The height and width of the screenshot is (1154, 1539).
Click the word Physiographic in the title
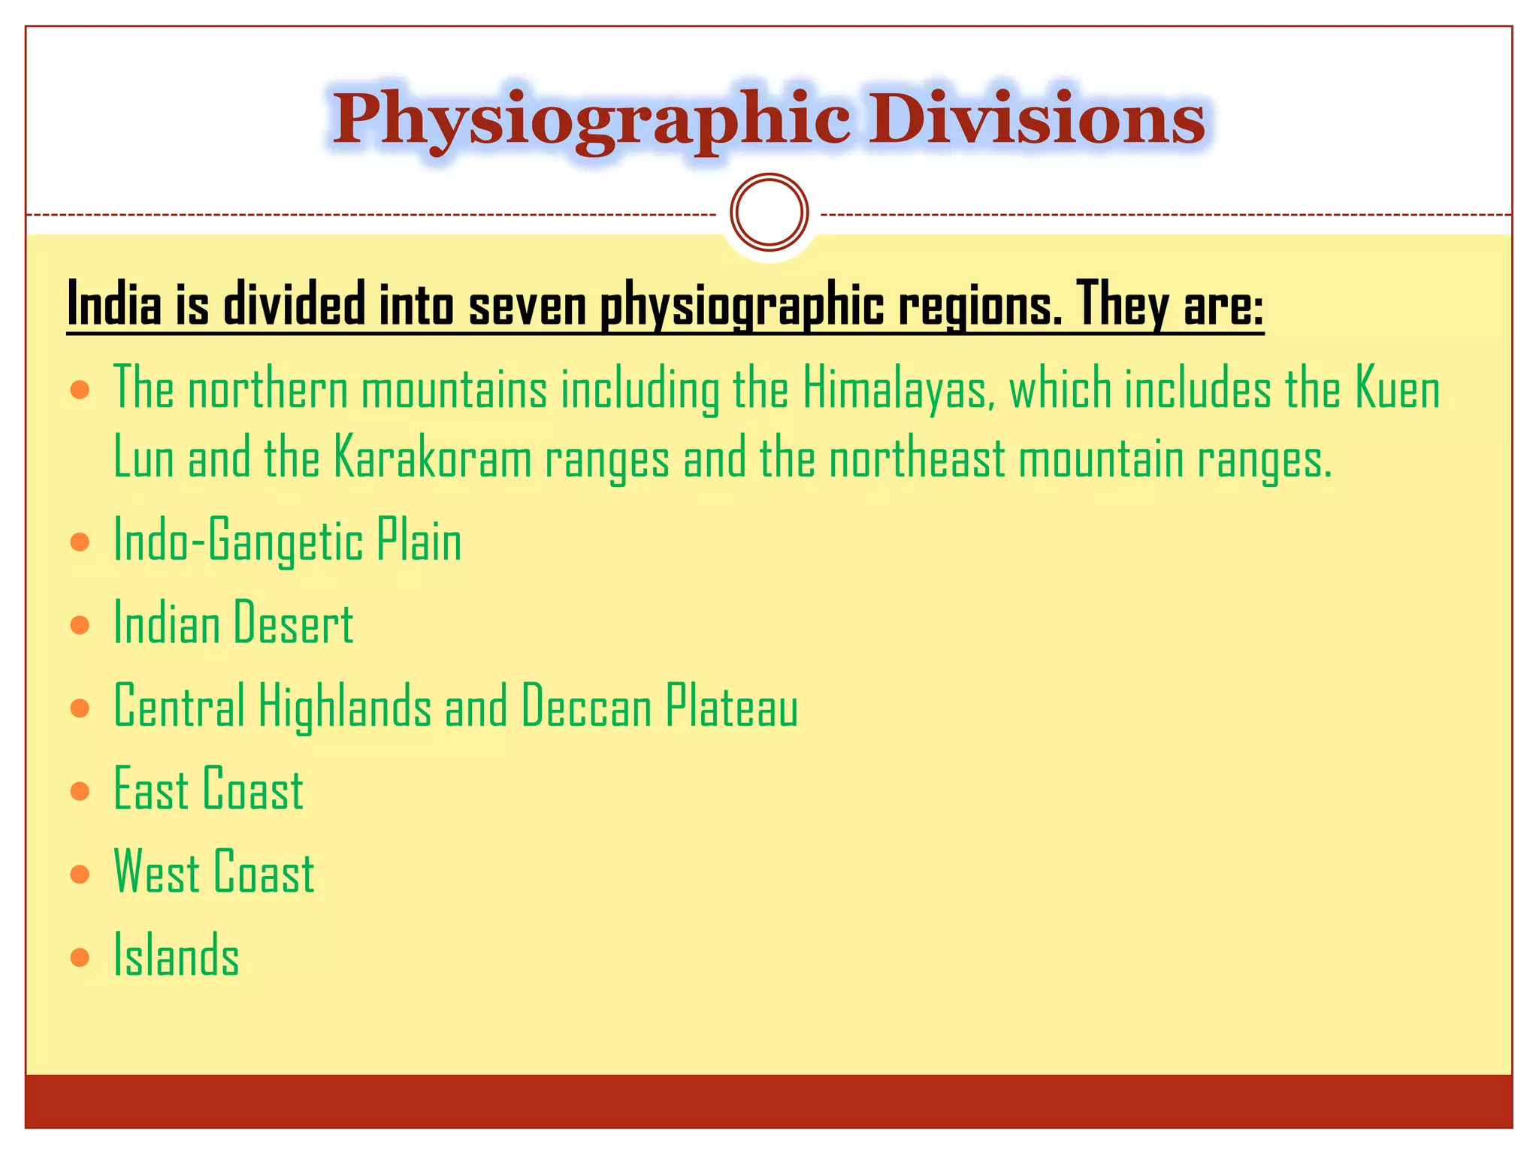[591, 120]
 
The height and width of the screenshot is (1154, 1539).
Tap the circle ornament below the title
[769, 212]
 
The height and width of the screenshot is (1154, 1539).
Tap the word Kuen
[1398, 389]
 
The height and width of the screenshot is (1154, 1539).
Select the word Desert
[293, 624]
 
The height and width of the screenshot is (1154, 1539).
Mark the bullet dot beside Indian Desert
[80, 624]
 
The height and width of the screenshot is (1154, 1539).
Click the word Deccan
[586, 707]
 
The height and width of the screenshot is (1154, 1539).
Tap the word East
[150, 790]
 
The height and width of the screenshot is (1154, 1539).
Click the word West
[156, 872]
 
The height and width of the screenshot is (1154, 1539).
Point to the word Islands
[177, 956]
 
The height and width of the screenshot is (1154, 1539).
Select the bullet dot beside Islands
[80, 956]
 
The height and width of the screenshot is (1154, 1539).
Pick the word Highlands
[345, 707]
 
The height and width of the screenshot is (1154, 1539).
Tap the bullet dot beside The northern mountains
[80, 390]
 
